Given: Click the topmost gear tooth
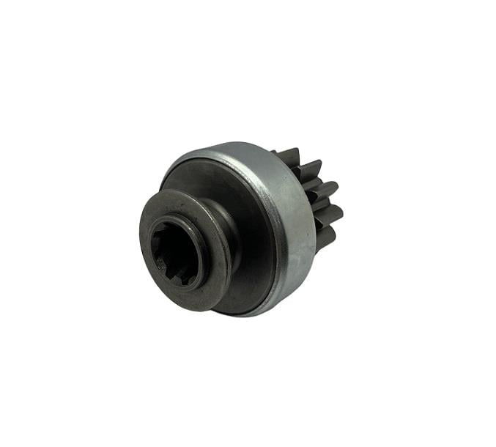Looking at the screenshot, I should (288, 156).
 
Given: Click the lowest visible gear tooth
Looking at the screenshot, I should (325, 236).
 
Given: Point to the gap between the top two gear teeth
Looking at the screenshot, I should (297, 165).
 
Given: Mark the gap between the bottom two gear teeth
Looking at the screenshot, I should (322, 226).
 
